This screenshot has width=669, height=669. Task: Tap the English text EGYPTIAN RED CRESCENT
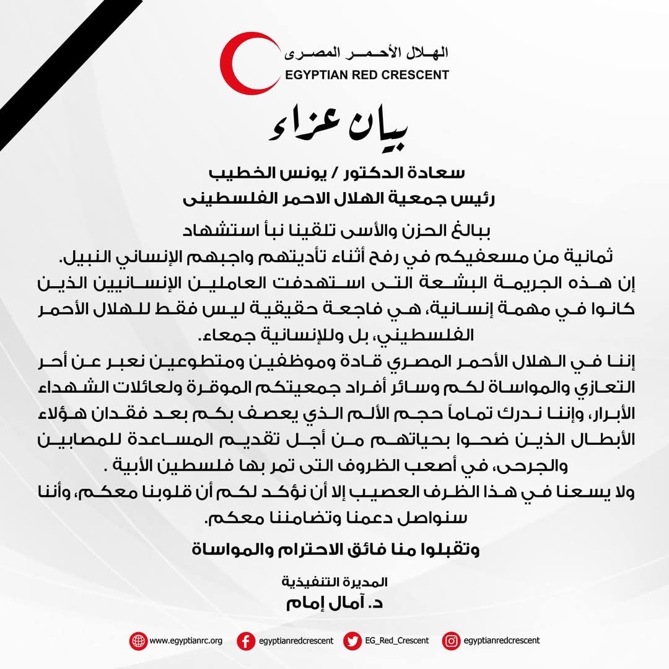tap(368, 75)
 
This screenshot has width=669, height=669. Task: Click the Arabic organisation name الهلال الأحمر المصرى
tap(367, 53)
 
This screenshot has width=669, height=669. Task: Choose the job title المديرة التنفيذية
tap(334, 582)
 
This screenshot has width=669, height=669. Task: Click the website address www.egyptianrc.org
tap(186, 641)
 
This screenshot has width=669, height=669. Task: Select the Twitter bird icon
tap(352, 641)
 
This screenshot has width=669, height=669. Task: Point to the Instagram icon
tap(451, 641)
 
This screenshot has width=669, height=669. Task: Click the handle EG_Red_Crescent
tap(396, 641)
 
